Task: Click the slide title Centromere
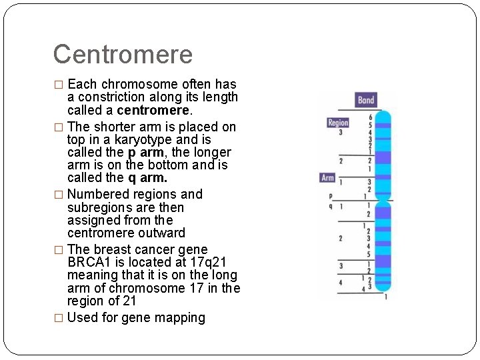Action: pyautogui.click(x=122, y=55)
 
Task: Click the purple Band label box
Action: pyautogui.click(x=366, y=100)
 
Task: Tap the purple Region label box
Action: pyautogui.click(x=338, y=123)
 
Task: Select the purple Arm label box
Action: pyautogui.click(x=328, y=178)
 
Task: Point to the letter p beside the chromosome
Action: pyautogui.click(x=330, y=196)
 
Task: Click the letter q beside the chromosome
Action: pyautogui.click(x=330, y=206)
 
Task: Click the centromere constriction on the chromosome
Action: pyautogui.click(x=382, y=199)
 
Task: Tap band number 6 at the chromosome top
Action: pyautogui.click(x=370, y=118)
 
